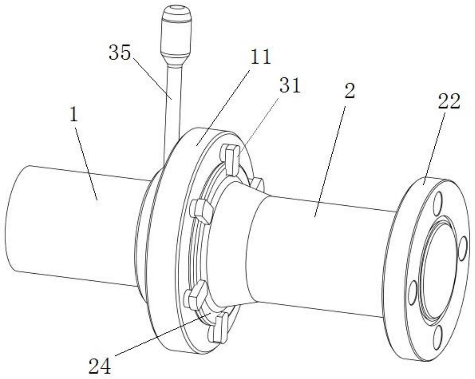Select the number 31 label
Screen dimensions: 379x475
tap(290, 86)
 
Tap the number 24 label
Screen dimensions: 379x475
tap(100, 365)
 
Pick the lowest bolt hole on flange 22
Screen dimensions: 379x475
tap(438, 336)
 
